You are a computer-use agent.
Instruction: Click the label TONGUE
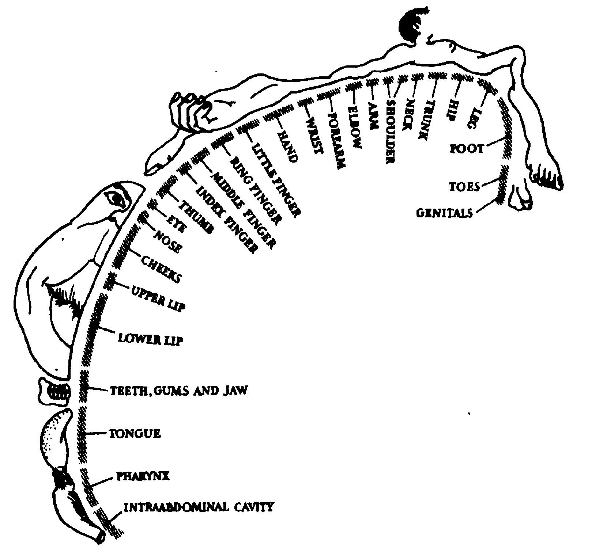pyautogui.click(x=135, y=434)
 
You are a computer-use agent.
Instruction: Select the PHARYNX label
pyautogui.click(x=143, y=476)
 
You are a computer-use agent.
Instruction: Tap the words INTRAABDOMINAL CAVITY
pyautogui.click(x=199, y=507)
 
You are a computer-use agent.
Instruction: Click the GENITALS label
pyautogui.click(x=444, y=213)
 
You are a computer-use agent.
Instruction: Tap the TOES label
pyautogui.click(x=464, y=187)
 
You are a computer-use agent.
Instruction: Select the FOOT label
pyautogui.click(x=466, y=149)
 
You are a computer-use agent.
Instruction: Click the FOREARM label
pyautogui.click(x=336, y=140)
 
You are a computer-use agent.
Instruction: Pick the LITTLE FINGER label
pyautogui.click(x=277, y=180)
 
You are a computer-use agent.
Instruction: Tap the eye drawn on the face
pyautogui.click(x=117, y=198)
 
